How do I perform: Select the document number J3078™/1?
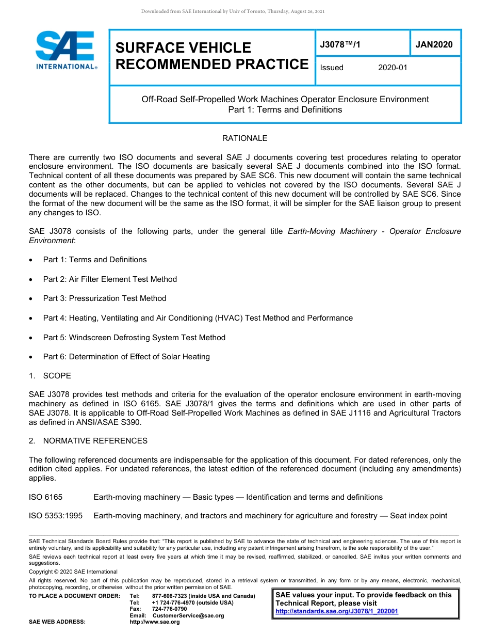(x=340, y=44)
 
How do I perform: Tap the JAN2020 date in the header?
(x=434, y=44)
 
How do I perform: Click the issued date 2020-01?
(x=393, y=68)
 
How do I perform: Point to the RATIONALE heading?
(x=244, y=138)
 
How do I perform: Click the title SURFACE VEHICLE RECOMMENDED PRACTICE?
(x=211, y=56)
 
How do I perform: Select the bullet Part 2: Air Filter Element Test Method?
(x=110, y=279)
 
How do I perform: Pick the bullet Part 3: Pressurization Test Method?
(x=105, y=298)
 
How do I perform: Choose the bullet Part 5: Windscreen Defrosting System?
(x=134, y=338)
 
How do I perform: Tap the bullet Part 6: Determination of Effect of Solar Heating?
(x=126, y=357)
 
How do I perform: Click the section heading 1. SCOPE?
(x=50, y=376)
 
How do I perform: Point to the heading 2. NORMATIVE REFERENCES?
(x=88, y=441)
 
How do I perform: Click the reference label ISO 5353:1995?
(x=55, y=516)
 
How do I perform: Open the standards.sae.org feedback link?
(x=337, y=612)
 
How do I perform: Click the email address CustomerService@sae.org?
(x=188, y=615)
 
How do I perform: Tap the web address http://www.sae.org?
(x=155, y=622)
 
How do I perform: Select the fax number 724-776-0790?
(x=170, y=609)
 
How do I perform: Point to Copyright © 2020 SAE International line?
(x=73, y=572)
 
